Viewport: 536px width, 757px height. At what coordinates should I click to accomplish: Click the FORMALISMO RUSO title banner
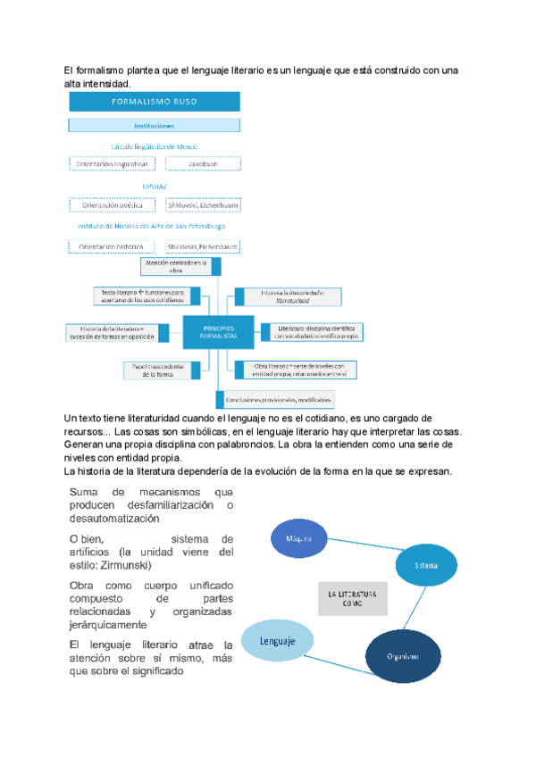click(154, 102)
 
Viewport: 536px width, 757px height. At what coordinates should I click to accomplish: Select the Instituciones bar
click(154, 126)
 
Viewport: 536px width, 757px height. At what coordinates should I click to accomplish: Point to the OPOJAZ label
click(154, 185)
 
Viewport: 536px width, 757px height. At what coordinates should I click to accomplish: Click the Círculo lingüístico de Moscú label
click(154, 146)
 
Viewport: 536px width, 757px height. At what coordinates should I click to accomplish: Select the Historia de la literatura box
click(113, 332)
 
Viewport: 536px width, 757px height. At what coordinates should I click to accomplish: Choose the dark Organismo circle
click(403, 655)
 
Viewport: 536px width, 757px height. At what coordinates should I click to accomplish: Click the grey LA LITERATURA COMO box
click(352, 598)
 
